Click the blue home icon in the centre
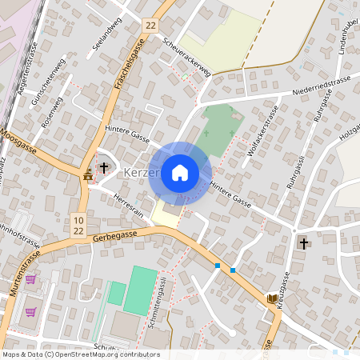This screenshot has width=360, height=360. tap(180, 172)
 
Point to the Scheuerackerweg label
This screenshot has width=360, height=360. tap(186, 58)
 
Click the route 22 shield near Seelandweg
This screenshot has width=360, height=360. tap(151, 26)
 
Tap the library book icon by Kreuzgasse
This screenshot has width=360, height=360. tap(272, 298)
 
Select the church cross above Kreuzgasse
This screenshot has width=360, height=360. tap(303, 242)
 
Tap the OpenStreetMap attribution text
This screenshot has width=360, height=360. tap(80, 354)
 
